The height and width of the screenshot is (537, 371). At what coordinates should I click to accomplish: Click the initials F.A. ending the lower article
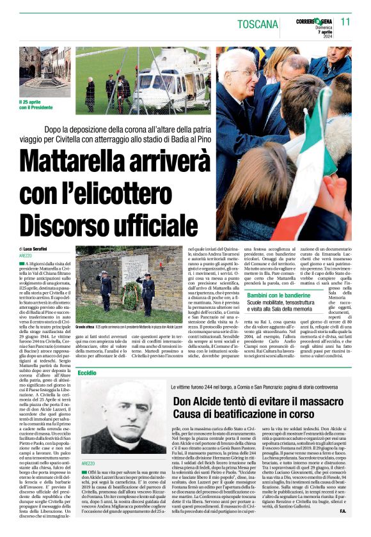(342, 529)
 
